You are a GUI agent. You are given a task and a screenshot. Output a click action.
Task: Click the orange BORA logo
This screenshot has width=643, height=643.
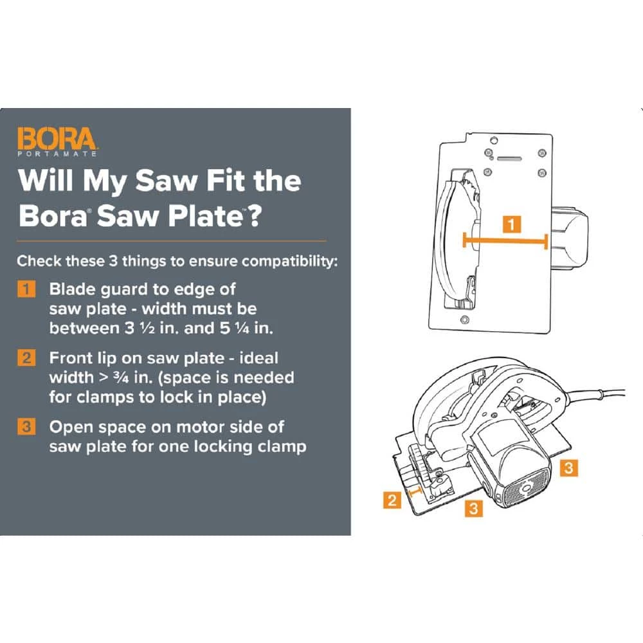pos(57,138)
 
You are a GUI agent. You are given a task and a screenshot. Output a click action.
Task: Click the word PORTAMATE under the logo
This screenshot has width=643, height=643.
pos(57,154)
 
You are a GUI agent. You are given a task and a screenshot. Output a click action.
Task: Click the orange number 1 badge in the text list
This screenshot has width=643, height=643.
pos(26,289)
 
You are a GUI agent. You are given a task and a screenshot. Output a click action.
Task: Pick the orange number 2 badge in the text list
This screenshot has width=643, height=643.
pos(26,358)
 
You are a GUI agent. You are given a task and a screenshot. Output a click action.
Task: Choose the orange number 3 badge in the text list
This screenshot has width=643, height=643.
pos(26,427)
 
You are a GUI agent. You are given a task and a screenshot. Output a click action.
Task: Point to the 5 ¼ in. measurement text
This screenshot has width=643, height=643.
pos(246,328)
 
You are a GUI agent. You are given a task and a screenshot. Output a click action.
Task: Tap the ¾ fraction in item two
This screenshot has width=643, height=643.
pos(121,377)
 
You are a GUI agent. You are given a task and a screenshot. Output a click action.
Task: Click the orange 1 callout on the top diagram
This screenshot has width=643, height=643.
pos(511,224)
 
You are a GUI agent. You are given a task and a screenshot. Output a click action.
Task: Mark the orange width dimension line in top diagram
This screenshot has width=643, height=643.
pos(505,240)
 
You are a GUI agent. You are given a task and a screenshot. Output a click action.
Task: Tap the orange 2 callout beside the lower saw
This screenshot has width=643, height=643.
pos(392,500)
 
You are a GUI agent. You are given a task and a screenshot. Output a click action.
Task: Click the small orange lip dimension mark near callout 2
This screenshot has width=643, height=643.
pos(415,491)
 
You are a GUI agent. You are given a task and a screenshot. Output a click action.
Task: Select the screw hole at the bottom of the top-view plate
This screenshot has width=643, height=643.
pos(465,319)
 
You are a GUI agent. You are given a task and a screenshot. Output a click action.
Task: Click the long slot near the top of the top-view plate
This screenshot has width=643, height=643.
pos(509,158)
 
